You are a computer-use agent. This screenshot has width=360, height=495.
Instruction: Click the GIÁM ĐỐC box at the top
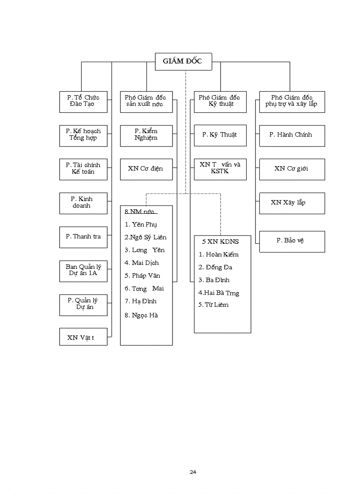pos(183,61)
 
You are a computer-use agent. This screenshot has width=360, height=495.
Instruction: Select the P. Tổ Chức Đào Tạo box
pos(83,101)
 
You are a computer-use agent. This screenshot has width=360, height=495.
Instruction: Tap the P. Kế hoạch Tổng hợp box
pos(83,134)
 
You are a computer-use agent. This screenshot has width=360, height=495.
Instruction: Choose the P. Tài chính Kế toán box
pos(83,168)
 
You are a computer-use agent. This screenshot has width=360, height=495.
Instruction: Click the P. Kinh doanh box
pos(83,202)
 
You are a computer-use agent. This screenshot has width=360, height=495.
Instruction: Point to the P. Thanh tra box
pos(83,237)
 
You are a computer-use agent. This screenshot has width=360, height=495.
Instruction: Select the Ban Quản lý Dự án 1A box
pos(83,270)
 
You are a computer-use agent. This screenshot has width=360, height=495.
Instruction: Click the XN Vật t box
pos(83,338)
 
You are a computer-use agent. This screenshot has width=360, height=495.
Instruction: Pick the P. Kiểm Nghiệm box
pos(146,134)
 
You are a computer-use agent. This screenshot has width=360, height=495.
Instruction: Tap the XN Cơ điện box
pos(146,168)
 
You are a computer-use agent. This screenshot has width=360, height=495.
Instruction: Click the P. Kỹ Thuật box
pos(220,134)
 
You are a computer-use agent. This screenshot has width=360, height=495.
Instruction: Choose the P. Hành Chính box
pos(291,134)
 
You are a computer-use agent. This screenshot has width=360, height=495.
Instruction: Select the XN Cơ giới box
pos(291,168)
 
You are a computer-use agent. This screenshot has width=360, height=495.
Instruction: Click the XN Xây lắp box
pos(291,203)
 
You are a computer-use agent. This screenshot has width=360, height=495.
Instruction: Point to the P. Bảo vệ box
pos(291,241)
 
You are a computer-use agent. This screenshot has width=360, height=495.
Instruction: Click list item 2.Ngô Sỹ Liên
pos(146,238)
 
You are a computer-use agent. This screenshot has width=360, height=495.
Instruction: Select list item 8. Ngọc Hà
pos(141,315)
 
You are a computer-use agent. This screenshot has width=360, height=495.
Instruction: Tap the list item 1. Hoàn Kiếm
pos(218,254)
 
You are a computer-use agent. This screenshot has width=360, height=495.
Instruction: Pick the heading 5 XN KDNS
pos(221,242)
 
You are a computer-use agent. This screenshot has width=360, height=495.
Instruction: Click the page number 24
pos(193,472)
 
